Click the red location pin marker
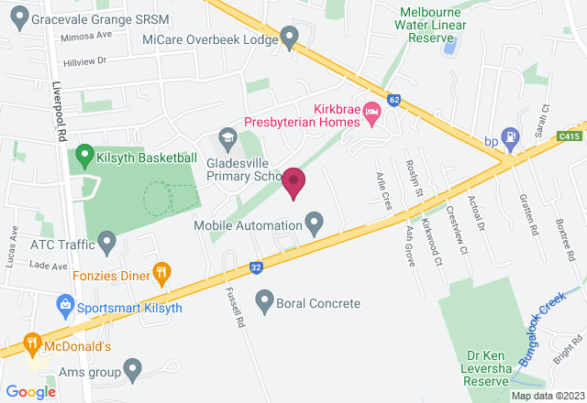coord(293,181)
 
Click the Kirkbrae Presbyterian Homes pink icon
coord(371,114)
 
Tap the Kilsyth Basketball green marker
coord(85,156)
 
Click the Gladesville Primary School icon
coord(227,137)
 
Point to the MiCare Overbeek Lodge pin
coord(291,39)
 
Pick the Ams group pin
coord(133,371)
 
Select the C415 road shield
coord(569,136)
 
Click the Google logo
coord(31,391)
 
